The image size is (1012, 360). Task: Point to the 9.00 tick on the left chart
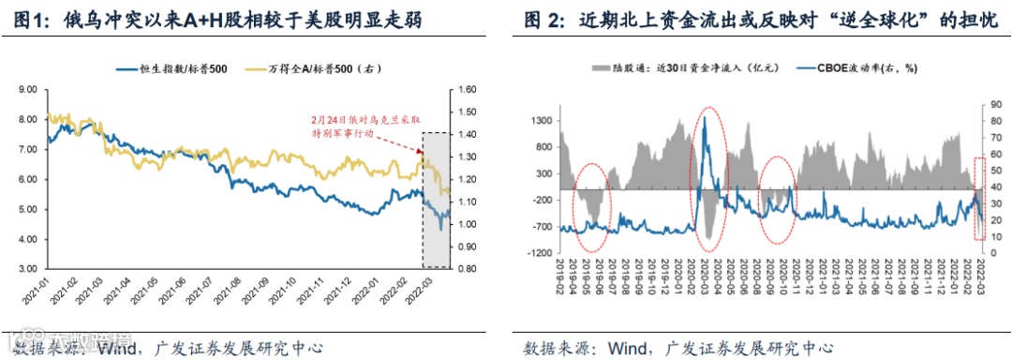(x=26, y=90)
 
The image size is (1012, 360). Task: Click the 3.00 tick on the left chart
(x=26, y=269)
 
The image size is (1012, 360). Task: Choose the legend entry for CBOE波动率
(x=859, y=69)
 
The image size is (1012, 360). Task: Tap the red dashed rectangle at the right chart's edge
(x=980, y=197)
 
